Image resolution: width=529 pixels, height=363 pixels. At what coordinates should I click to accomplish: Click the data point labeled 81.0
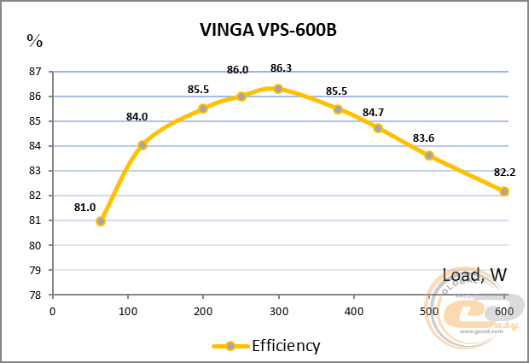(x=101, y=221)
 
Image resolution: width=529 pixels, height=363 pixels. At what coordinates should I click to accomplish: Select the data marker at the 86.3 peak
(x=278, y=89)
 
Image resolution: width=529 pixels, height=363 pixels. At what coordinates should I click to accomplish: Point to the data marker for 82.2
(x=504, y=191)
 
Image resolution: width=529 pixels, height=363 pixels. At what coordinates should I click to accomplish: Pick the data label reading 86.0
(x=237, y=70)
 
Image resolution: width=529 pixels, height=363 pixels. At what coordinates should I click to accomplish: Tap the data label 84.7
(x=373, y=112)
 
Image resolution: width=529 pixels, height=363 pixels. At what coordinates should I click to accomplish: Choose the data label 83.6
(x=424, y=138)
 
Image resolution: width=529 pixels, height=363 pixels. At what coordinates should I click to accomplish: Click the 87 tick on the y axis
(x=36, y=72)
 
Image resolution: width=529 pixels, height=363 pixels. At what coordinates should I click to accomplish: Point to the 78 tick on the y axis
(x=36, y=295)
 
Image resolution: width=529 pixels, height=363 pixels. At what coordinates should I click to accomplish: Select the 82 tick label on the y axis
(x=36, y=196)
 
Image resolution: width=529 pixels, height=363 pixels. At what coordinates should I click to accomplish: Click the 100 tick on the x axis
(x=128, y=310)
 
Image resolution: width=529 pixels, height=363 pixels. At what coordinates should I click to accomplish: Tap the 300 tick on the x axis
(x=279, y=310)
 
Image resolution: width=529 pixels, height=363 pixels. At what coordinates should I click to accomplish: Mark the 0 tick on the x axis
(x=53, y=310)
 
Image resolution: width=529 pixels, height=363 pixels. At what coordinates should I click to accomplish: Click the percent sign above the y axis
(x=34, y=39)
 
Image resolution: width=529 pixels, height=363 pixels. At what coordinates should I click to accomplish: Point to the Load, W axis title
(x=475, y=275)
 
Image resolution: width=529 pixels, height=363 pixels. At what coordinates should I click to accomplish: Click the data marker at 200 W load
(x=203, y=108)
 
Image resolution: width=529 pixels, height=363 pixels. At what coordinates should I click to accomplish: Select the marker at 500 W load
(x=429, y=155)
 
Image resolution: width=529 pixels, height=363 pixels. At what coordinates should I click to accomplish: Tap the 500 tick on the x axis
(x=429, y=310)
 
